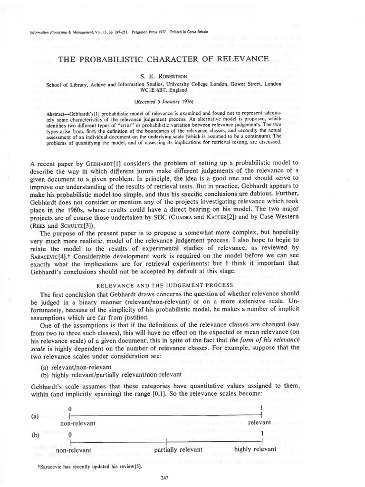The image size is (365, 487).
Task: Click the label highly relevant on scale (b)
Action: click(x=255, y=449)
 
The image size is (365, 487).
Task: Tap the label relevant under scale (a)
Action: click(x=259, y=422)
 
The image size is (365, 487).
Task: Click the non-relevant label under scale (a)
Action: click(x=78, y=423)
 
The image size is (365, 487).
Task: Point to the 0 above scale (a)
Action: click(x=70, y=409)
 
